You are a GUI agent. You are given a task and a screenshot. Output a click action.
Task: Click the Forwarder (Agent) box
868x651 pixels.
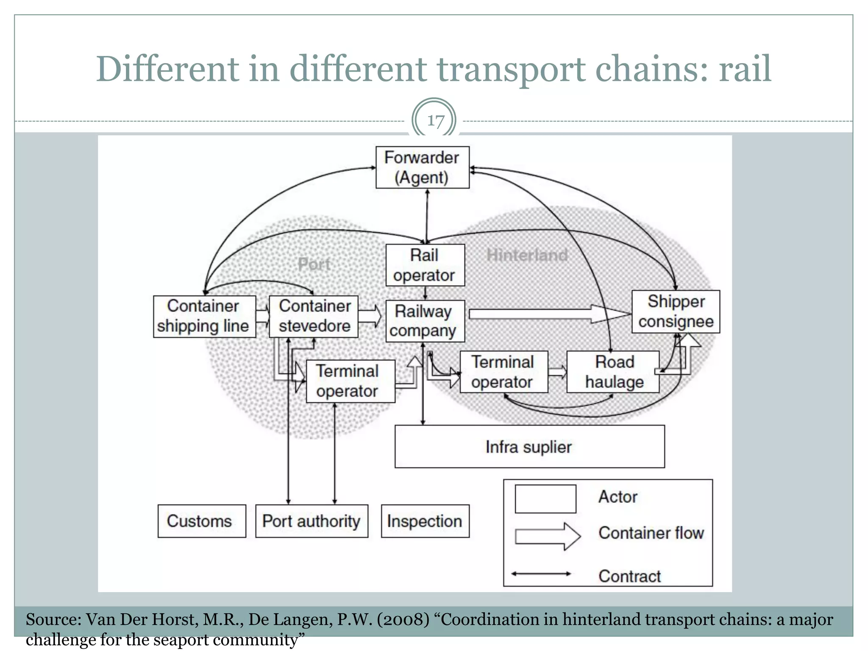coord(422,167)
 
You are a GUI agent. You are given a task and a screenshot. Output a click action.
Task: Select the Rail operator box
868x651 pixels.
coord(425,265)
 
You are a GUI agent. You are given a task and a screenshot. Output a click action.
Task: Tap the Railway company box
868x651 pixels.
coord(425,321)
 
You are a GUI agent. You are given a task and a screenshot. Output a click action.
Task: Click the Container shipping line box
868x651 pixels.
coord(204,316)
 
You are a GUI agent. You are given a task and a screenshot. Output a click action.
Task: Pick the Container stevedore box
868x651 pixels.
coord(314,316)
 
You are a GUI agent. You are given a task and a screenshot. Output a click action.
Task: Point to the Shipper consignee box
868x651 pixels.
coord(676,312)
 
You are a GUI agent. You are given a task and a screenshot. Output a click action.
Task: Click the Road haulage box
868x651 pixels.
coord(613,372)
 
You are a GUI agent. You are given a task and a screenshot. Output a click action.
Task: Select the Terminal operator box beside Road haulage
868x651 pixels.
coord(504,372)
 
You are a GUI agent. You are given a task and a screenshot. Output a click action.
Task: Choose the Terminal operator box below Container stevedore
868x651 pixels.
coord(350,381)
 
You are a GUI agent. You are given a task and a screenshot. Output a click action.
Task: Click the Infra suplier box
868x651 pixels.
coord(529,447)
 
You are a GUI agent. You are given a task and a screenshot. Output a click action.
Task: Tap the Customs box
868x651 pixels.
coord(201,521)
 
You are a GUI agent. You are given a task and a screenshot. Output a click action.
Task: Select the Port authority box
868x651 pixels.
coord(312,521)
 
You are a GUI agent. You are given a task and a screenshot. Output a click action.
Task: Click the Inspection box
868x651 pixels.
coord(425,521)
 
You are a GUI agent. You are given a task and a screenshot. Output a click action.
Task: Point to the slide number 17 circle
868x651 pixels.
coord(434,120)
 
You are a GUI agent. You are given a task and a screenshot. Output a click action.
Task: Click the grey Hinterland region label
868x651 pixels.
coord(527,255)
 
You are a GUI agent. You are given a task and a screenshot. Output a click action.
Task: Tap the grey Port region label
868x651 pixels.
coord(314,264)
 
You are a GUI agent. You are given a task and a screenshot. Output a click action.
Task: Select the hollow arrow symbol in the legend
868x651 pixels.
coord(547,536)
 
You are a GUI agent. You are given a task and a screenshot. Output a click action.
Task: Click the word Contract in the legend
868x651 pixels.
coord(629,576)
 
